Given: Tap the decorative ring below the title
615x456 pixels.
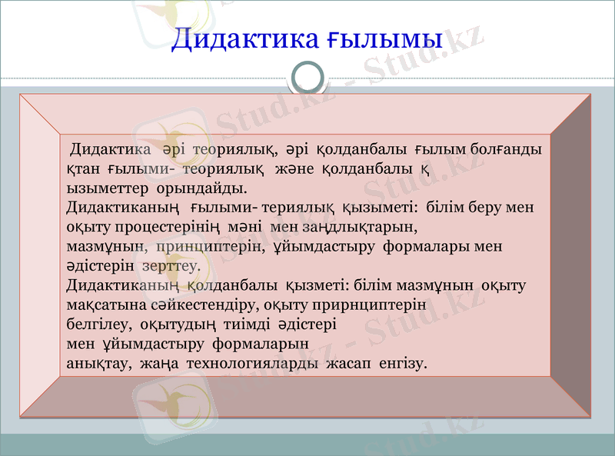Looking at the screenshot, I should (307, 78).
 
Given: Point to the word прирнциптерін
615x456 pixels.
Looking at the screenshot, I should (372, 305).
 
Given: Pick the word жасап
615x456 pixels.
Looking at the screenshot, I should (349, 363).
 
